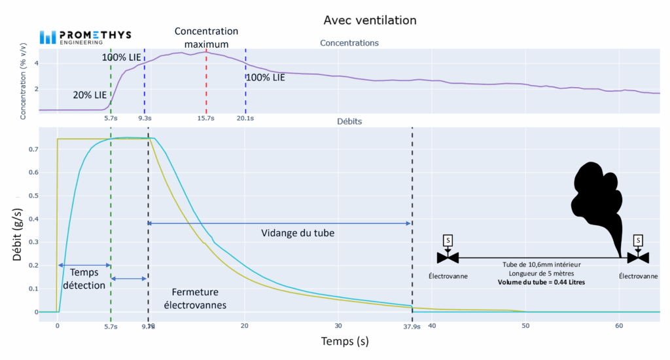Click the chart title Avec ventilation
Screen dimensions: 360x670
pos(370,20)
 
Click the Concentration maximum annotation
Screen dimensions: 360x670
pos(206,38)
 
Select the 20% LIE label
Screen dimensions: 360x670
pos(90,95)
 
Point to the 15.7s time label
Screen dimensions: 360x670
pos(206,118)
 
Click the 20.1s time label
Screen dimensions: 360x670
pos(245,118)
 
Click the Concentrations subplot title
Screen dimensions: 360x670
pos(349,43)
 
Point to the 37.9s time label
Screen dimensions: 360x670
pos(411,326)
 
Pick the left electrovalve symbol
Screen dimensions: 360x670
pos(448,257)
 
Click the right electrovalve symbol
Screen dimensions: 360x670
pos(638,257)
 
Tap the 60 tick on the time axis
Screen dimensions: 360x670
pos(618,325)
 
